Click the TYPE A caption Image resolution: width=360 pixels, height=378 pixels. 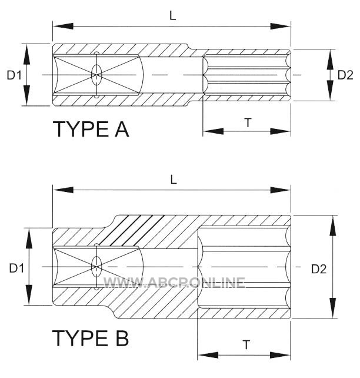click(91, 129)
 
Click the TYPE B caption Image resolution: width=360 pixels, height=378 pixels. click(91, 338)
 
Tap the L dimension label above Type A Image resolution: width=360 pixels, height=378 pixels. click(173, 16)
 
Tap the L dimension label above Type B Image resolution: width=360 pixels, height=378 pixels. click(174, 180)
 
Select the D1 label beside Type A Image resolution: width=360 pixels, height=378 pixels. click(14, 75)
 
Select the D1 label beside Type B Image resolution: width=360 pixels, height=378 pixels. click(16, 268)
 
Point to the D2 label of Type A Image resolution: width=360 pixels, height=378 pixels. click(345, 75)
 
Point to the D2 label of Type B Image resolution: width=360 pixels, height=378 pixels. click(319, 269)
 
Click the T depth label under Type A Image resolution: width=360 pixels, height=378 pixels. click(248, 122)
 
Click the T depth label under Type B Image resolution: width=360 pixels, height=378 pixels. click(246, 345)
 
